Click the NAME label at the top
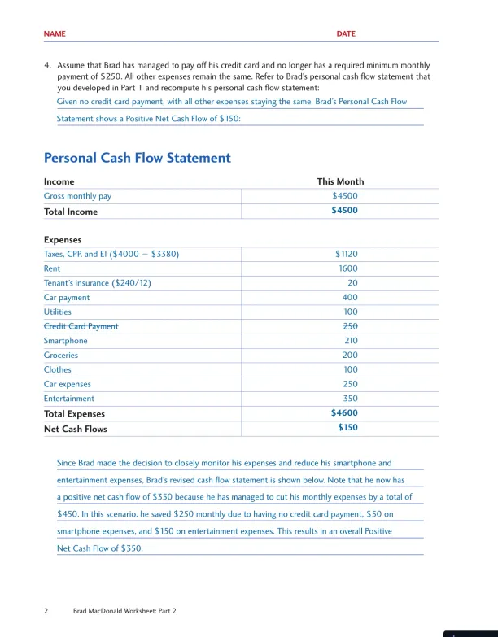(x=55, y=34)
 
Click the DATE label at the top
(x=346, y=34)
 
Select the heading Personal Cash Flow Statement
(x=137, y=158)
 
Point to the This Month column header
(x=340, y=181)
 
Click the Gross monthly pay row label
(x=77, y=196)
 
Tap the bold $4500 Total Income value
(x=344, y=211)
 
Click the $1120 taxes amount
(x=346, y=254)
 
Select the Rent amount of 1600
(x=347, y=268)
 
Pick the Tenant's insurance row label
(x=98, y=283)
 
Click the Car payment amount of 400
(x=350, y=298)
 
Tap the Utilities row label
(x=57, y=312)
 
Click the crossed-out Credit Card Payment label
(x=81, y=326)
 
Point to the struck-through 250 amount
(x=350, y=326)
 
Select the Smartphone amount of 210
(x=350, y=341)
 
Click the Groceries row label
(x=61, y=356)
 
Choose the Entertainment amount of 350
(x=350, y=399)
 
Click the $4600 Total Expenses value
(x=344, y=413)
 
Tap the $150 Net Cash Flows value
(x=347, y=428)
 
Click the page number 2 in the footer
(x=46, y=610)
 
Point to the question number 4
(x=47, y=65)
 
